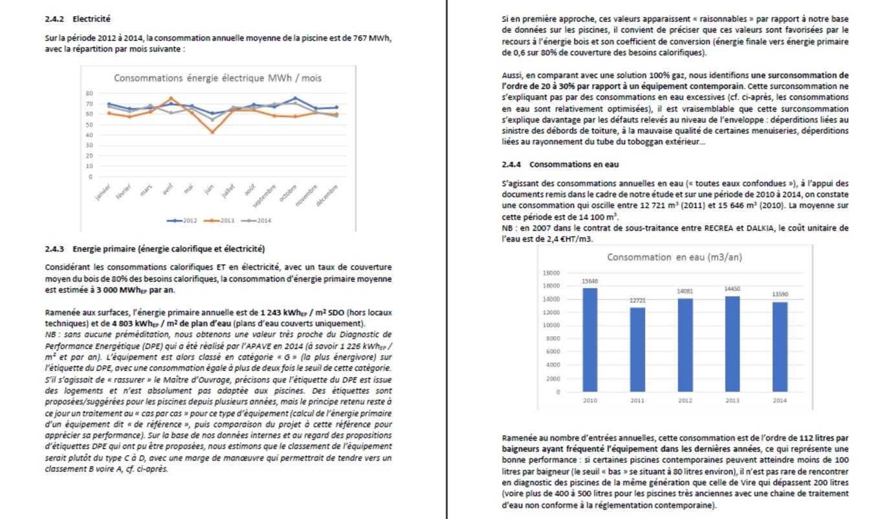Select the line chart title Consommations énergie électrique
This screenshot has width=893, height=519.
click(x=217, y=78)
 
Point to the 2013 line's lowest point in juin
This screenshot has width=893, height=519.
click(x=212, y=132)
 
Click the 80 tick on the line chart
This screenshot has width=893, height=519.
click(x=90, y=93)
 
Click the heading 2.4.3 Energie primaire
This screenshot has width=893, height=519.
click(x=155, y=249)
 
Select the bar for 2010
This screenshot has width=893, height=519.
click(x=590, y=340)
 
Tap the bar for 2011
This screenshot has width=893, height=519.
click(x=637, y=350)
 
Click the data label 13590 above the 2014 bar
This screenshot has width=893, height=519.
click(x=779, y=294)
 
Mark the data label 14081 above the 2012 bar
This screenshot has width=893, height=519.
click(x=685, y=291)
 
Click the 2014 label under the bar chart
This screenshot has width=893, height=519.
click(x=779, y=401)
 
